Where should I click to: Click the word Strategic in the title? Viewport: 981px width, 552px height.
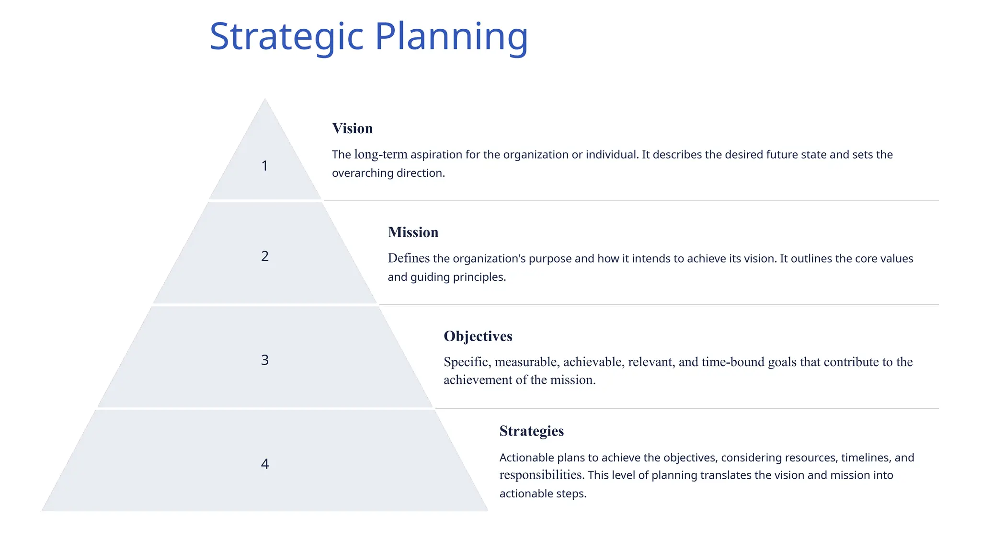286,37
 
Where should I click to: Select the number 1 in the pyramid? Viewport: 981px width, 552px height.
264,166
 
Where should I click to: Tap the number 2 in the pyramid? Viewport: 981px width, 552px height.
265,256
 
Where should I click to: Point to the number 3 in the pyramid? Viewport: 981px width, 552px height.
265,360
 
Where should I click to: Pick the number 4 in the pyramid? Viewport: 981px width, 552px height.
265,464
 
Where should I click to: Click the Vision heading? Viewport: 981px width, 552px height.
352,128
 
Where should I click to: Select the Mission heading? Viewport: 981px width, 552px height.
413,232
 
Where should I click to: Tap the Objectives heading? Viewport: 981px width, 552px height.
478,336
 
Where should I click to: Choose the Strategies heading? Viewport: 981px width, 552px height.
531,431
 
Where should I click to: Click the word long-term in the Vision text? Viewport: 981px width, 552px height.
381,155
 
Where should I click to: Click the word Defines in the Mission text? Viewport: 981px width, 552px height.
409,259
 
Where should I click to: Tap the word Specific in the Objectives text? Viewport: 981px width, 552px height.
467,362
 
